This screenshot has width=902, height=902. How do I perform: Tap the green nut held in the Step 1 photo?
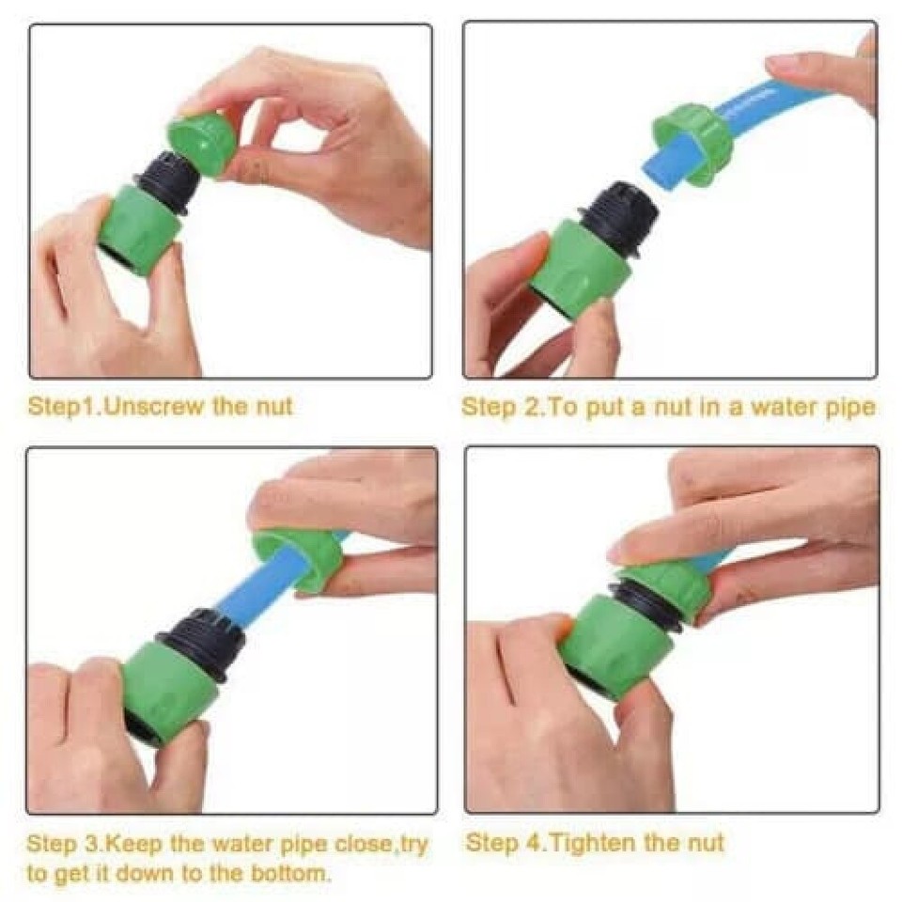pyautogui.click(x=202, y=144)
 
